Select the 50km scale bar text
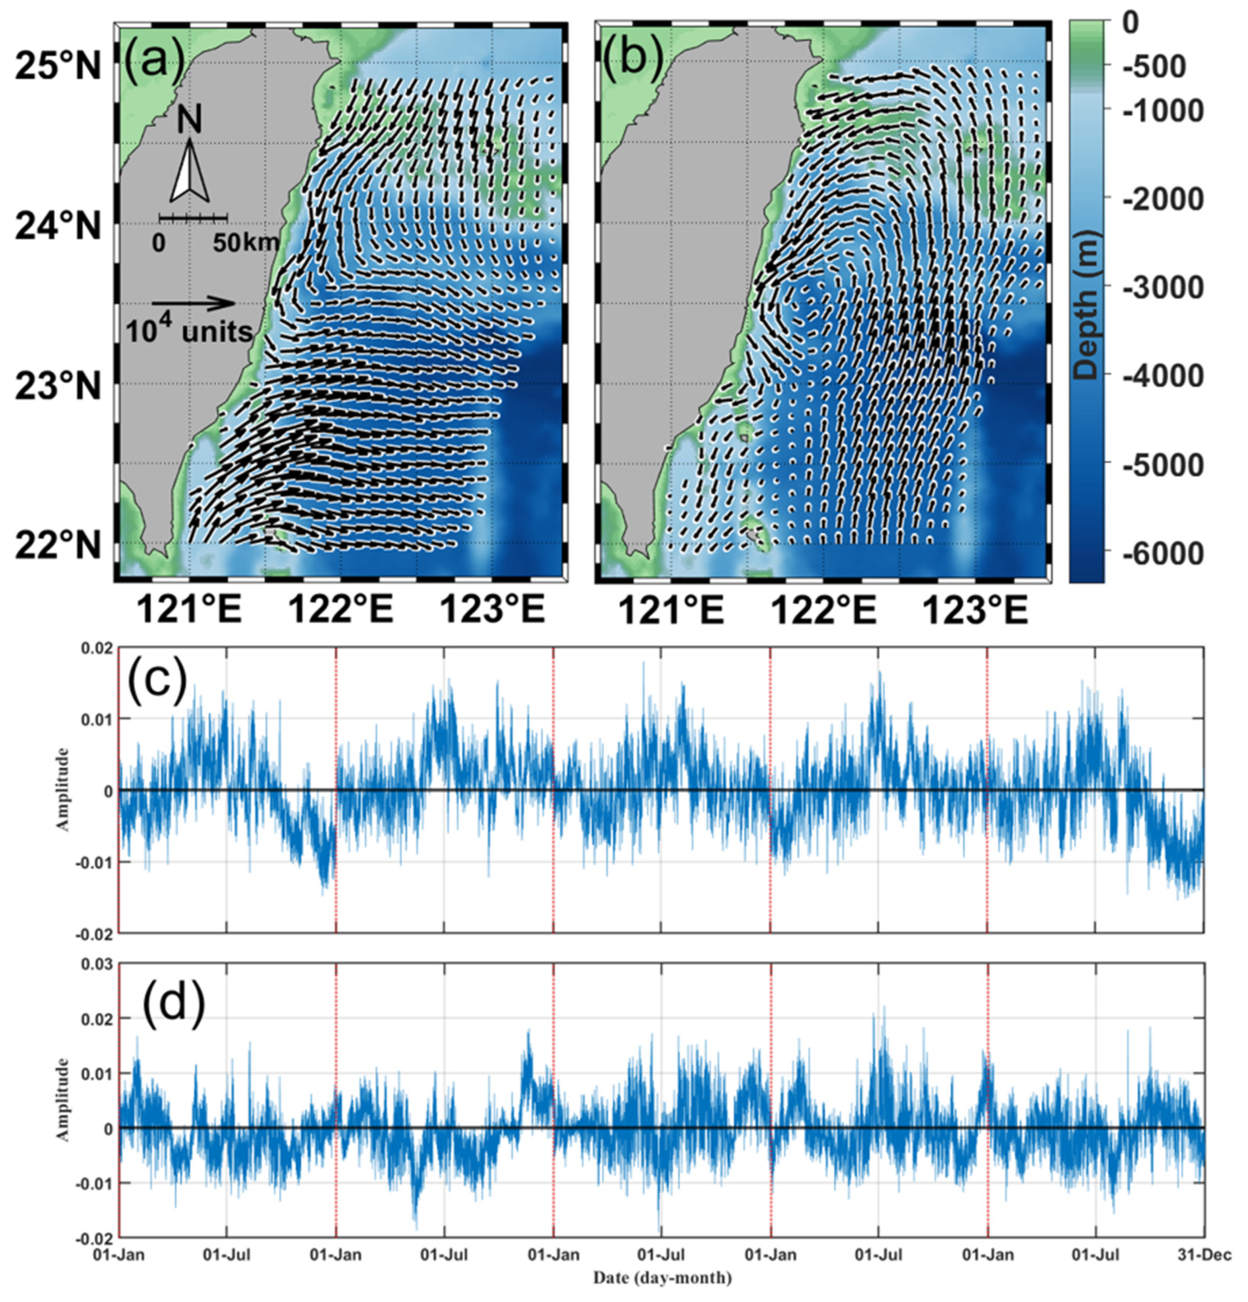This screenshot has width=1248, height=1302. click(246, 243)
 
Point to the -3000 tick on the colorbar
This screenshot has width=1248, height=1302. click(1162, 287)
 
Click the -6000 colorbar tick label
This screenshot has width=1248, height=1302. click(1162, 553)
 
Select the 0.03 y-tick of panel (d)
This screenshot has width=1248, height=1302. click(96, 964)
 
